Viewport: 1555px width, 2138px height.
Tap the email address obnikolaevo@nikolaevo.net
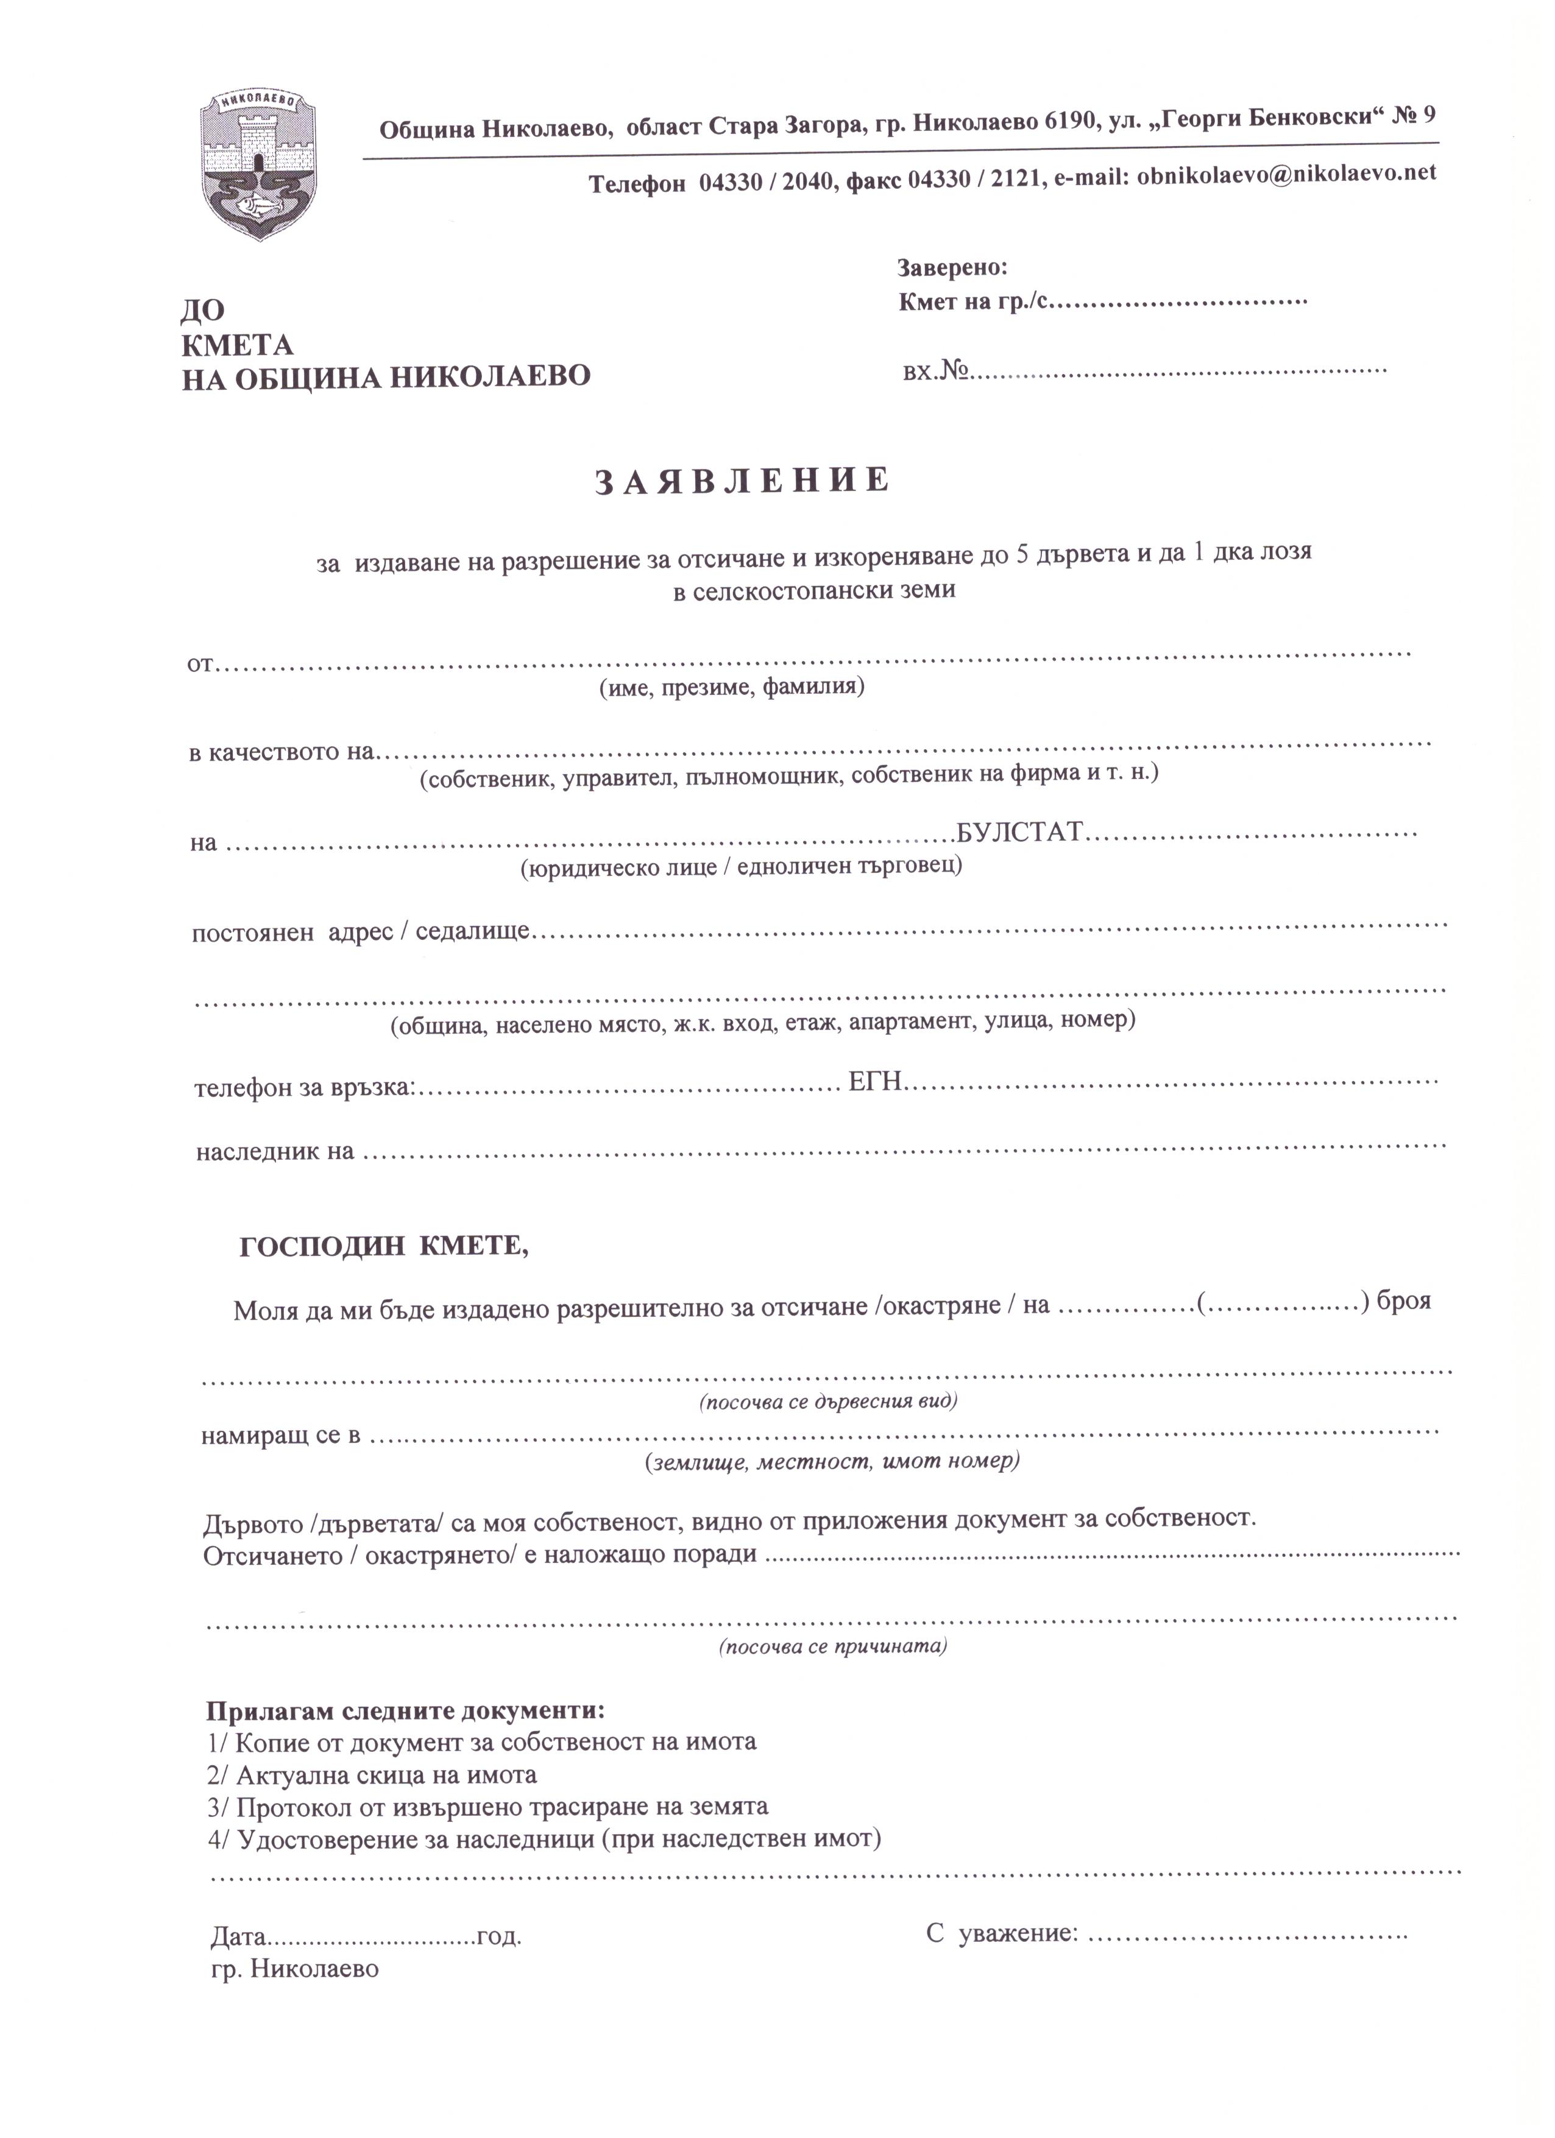point(1286,174)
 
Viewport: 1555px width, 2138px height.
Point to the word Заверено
point(952,268)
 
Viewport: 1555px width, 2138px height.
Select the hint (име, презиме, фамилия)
point(732,687)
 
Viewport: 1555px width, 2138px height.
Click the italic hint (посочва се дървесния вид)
point(828,1401)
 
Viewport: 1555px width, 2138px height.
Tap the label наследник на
point(274,1151)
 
